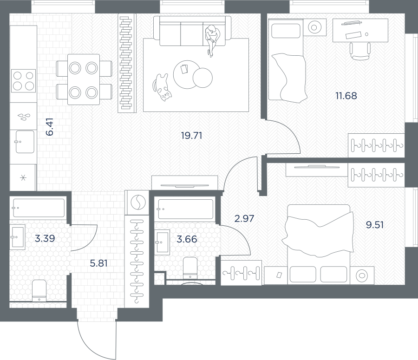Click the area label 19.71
[x=191, y=136]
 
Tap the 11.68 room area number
[x=346, y=96]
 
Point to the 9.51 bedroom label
[x=375, y=225]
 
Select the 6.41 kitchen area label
[x=50, y=127]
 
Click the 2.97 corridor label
[x=244, y=219]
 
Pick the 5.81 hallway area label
[x=98, y=263]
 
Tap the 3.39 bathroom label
[x=45, y=238]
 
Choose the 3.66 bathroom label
[x=187, y=239]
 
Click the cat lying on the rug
[x=162, y=87]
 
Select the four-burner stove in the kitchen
[x=24, y=81]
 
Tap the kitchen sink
[x=25, y=142]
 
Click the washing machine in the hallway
[x=138, y=202]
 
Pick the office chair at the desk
[x=360, y=51]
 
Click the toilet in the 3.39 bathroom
[x=39, y=290]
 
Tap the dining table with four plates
[x=84, y=79]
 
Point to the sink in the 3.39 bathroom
[x=18, y=237]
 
